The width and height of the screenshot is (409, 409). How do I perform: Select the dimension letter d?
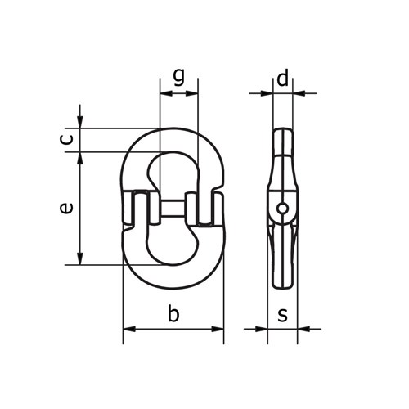click(x=282, y=79)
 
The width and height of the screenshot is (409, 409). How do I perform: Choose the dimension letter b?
click(x=172, y=314)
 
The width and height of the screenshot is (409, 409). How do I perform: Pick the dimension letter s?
click(x=282, y=314)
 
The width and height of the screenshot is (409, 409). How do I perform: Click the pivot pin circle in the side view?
click(x=281, y=208)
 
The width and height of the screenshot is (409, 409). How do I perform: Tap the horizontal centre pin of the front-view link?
click(x=172, y=206)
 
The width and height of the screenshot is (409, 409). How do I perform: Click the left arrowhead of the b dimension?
click(x=127, y=330)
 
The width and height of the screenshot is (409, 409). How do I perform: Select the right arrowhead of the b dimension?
click(x=218, y=330)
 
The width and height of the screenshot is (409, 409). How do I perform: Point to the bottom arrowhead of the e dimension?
click(x=79, y=259)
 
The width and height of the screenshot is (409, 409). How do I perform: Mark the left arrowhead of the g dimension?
click(x=164, y=93)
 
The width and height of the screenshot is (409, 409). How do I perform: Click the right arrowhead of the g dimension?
click(x=194, y=93)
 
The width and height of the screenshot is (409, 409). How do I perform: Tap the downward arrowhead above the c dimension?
click(x=79, y=123)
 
